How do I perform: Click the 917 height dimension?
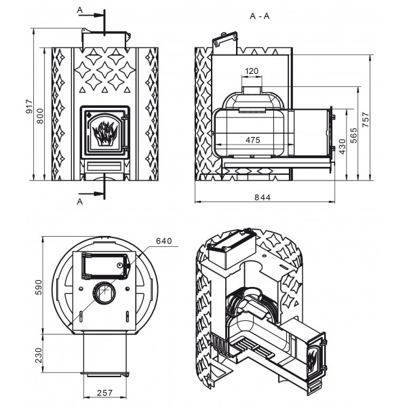point(30,106)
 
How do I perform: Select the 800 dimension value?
point(40,116)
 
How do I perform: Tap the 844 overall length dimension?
point(263,197)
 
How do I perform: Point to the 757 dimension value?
point(366,119)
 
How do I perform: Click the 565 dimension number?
point(353,136)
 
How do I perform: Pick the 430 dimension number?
point(343,147)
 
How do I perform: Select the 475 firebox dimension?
point(253,140)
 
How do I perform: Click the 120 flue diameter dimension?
point(252,71)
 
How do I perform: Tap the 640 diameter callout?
point(164,241)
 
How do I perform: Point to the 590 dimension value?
point(39,287)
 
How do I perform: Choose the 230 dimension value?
point(39,355)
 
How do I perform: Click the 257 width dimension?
point(105,393)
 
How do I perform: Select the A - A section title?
point(260,16)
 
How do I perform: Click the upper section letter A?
point(79,10)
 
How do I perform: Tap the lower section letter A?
point(79,201)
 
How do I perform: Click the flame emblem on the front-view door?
point(105,133)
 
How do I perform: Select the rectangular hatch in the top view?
point(105,266)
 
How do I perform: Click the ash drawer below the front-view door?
point(104,166)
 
